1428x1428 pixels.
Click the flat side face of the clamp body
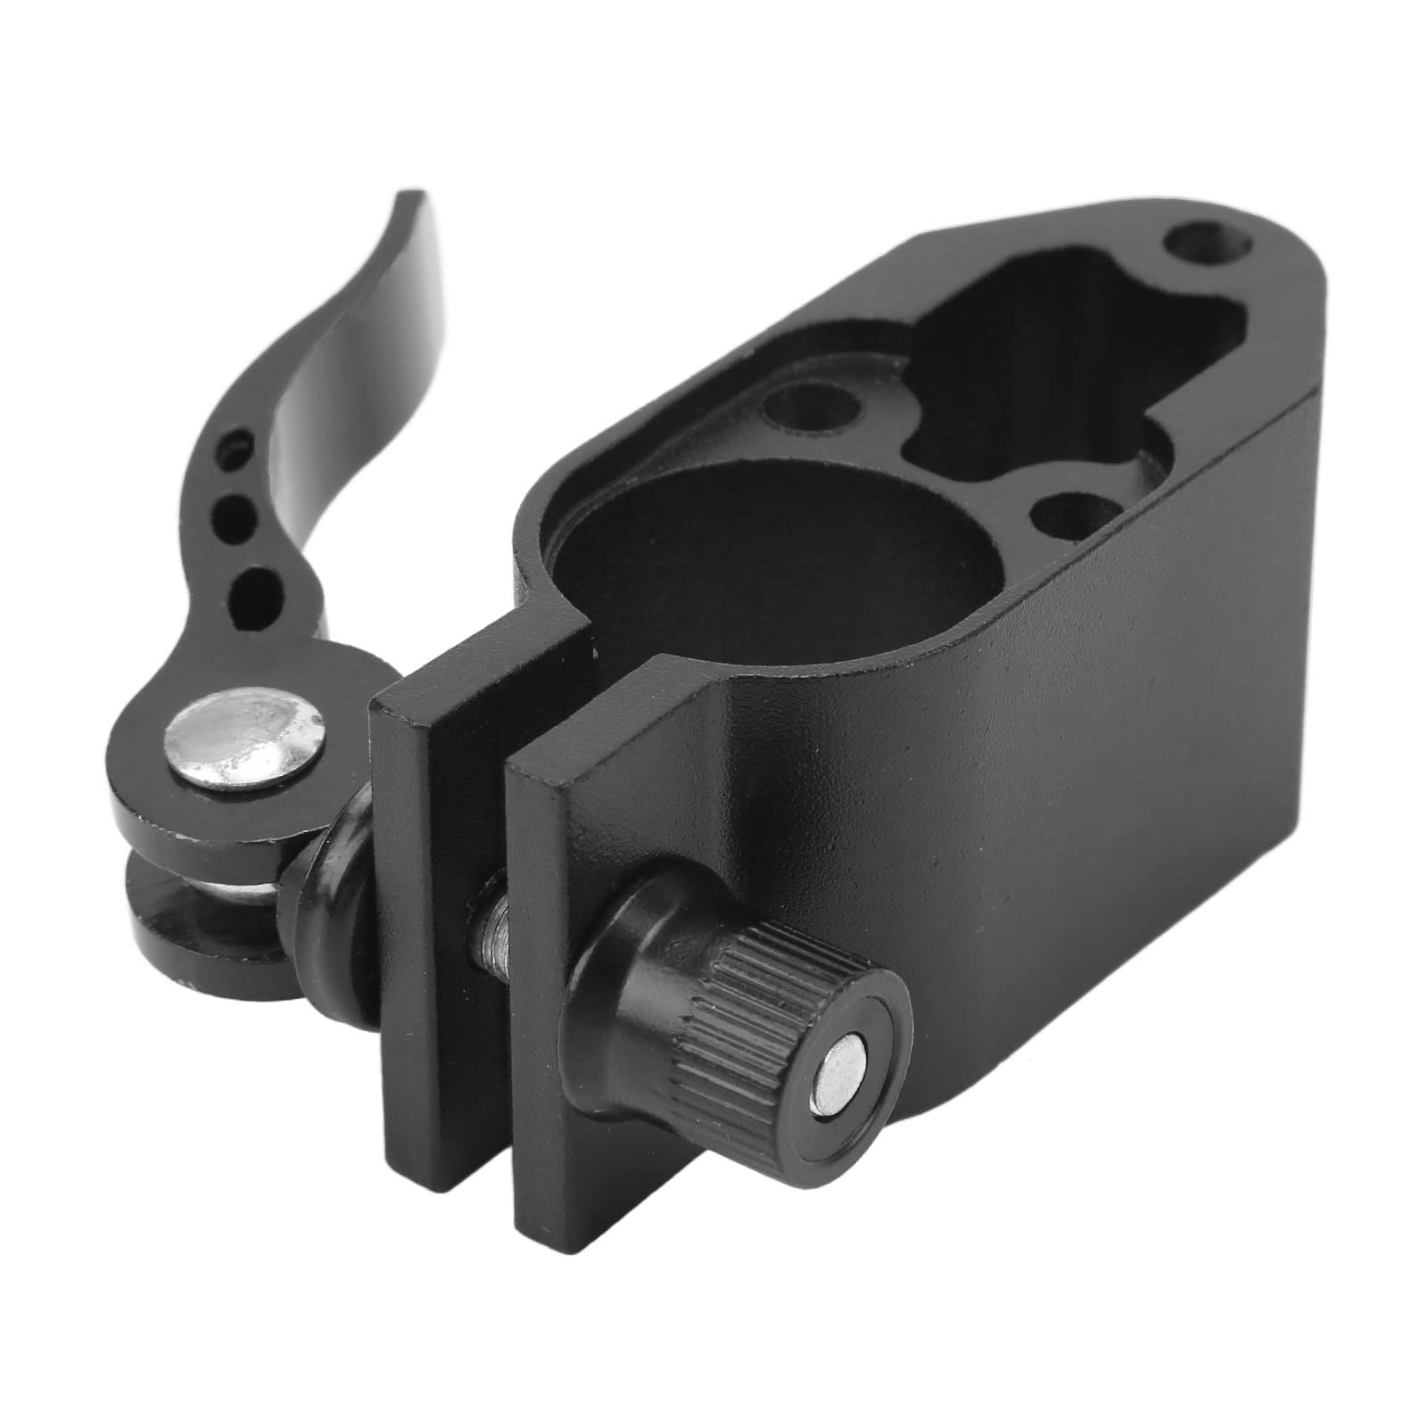pyautogui.click(x=1115, y=758)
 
